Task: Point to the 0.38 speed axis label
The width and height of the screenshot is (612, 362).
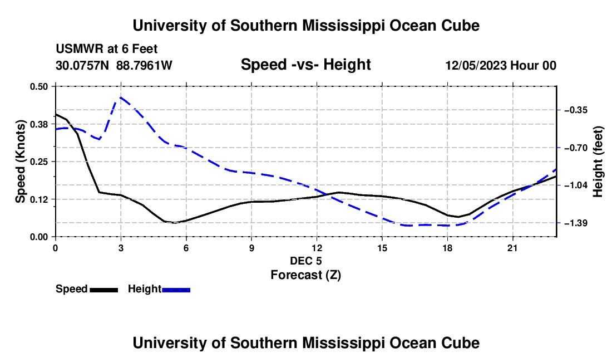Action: coord(38,124)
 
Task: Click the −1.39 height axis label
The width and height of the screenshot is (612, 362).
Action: coord(576,223)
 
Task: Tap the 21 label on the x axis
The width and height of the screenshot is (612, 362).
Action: coord(512,248)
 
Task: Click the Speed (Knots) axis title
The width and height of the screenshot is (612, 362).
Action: coord(20,162)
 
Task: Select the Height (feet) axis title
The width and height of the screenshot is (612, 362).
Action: coord(598,162)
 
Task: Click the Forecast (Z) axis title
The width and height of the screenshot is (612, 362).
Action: coord(306,275)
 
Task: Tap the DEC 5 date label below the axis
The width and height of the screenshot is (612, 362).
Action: coord(306,261)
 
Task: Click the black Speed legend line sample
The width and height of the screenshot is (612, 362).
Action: coord(104,290)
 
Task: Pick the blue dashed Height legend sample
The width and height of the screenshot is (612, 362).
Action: coord(176,290)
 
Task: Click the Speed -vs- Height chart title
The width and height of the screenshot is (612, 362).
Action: coord(305,65)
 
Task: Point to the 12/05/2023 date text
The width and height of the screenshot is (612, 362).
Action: coord(476,65)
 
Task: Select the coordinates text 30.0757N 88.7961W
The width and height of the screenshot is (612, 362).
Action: coord(114,65)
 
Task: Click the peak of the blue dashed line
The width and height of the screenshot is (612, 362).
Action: coord(121,97)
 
